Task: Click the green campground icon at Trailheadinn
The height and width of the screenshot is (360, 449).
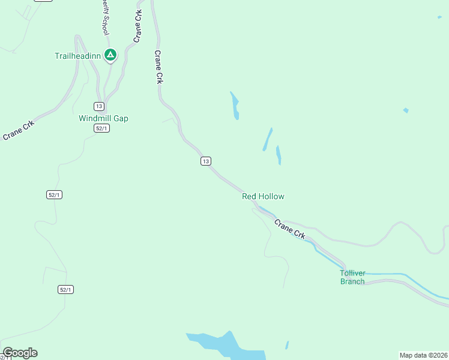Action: coord(110,55)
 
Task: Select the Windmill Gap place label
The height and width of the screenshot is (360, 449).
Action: coord(103,118)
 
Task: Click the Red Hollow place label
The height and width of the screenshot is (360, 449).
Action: coord(263,196)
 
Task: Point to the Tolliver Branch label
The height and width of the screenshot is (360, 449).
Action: coord(352,277)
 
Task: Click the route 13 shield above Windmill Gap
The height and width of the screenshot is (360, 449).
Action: coord(98,106)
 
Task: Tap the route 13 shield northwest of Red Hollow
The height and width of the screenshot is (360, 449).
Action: coord(206,161)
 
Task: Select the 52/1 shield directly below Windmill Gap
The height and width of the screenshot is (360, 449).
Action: coord(101,128)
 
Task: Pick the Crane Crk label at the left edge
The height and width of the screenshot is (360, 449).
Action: coord(19,130)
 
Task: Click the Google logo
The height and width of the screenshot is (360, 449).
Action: coord(20,353)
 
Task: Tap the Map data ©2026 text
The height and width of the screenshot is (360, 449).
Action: coord(423,355)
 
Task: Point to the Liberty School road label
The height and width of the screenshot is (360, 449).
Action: coord(103,18)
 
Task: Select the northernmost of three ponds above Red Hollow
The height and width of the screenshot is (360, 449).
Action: coord(235,106)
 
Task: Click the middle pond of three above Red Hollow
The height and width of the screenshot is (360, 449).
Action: coord(267,140)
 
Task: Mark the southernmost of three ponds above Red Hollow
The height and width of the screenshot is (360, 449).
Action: coord(279,155)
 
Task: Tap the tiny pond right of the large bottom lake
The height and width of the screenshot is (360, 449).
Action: coord(287,345)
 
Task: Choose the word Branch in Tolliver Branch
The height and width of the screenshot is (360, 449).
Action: coord(352,281)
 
